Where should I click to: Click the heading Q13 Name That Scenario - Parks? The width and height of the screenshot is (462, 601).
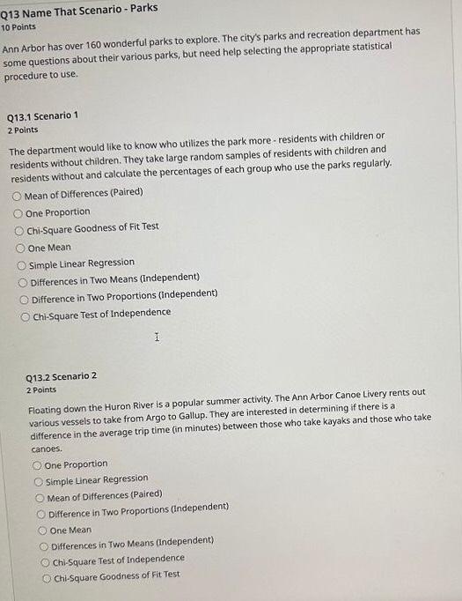79,8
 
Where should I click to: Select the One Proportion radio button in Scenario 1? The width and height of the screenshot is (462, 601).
18,212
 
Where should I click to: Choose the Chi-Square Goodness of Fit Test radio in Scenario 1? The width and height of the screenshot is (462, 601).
19,228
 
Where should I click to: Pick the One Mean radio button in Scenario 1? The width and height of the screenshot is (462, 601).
20,248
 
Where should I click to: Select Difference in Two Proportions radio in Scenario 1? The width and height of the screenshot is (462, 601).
23,299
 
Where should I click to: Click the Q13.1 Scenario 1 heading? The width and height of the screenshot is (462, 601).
42,115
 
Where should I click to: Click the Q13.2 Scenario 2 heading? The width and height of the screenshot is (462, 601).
62,375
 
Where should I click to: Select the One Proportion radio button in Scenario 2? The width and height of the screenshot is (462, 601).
37,464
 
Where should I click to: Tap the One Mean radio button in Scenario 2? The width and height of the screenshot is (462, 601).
41,531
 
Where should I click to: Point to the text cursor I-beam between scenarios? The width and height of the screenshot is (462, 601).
156,337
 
